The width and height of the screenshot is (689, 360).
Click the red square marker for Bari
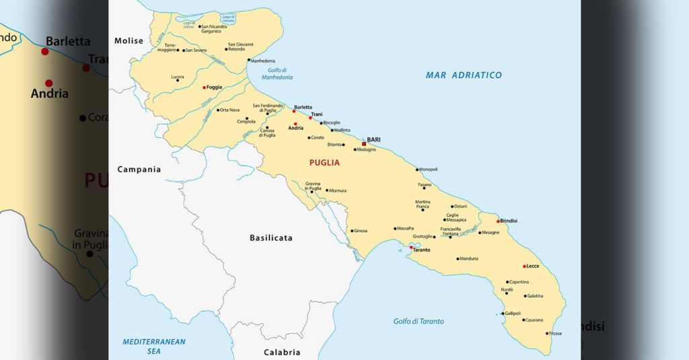(x=364, y=143)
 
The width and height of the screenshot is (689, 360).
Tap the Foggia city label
(x=214, y=87)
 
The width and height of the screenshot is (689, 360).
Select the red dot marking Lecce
(x=525, y=266)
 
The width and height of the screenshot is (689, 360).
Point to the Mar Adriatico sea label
(x=464, y=75)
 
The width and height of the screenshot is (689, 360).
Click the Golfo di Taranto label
(x=419, y=322)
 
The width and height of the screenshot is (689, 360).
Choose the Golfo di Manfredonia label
(x=277, y=73)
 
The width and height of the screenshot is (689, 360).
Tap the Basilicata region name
(x=271, y=238)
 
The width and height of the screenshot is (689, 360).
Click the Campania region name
(x=139, y=170)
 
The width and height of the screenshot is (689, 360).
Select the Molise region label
(x=129, y=41)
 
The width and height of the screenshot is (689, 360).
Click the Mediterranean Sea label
(x=153, y=346)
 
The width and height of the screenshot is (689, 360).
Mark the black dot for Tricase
(x=546, y=333)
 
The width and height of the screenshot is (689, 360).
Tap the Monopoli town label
(x=429, y=170)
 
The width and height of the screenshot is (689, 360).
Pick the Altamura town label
(x=338, y=190)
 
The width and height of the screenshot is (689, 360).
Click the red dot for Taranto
(x=411, y=247)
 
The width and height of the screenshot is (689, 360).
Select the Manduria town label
(x=469, y=258)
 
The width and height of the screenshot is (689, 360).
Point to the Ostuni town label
(x=461, y=207)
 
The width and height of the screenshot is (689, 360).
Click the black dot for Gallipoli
(x=503, y=314)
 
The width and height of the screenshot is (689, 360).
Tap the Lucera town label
(x=178, y=77)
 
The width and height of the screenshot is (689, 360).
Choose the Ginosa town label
(x=361, y=231)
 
